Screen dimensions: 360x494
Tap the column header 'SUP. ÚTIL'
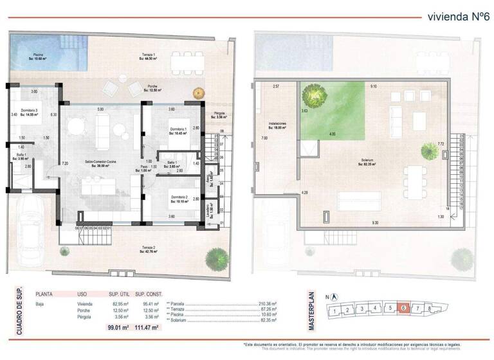(118, 291)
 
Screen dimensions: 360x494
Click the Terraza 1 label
(149, 55)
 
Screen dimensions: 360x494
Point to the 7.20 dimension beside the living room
(64, 163)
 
